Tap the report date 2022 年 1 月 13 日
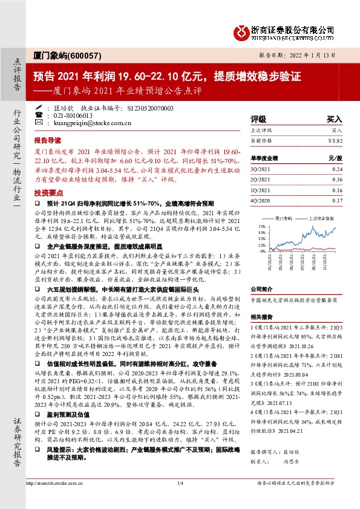318,54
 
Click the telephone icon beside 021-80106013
48,115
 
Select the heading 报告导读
45,139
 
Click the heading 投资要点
45,191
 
